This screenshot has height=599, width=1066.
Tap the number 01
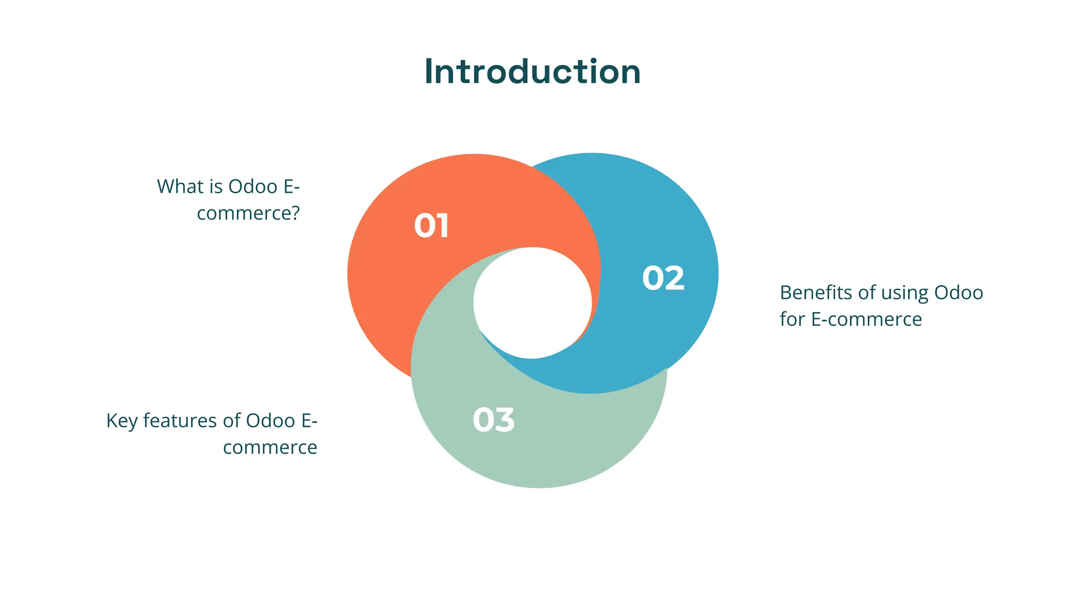[x=432, y=226]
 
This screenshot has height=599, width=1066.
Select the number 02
[x=663, y=278]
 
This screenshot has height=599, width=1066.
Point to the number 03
[x=493, y=420]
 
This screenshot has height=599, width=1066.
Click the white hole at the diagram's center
[x=532, y=303]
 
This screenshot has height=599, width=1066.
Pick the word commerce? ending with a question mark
[x=248, y=213]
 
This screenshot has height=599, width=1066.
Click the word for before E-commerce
[x=792, y=319]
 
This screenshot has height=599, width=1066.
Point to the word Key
[x=121, y=421]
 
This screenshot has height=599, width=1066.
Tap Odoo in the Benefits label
[x=958, y=293]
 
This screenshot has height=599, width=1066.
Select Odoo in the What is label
[x=252, y=187]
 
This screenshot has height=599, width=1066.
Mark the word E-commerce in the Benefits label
[x=867, y=319]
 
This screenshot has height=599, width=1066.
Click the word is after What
[x=215, y=187]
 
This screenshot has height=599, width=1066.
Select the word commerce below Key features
[x=270, y=448]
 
